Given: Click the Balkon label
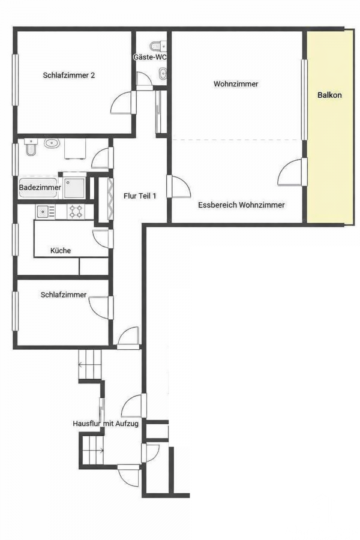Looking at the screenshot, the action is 329,95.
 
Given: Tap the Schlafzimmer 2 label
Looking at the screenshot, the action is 68,75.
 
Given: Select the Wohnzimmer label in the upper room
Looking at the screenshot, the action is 236,83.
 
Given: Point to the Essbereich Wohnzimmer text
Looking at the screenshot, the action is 241,205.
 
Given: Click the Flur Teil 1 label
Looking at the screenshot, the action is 140,196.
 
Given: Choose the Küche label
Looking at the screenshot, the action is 61,250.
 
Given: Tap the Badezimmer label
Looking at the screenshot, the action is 40,188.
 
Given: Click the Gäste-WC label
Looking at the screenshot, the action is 150,57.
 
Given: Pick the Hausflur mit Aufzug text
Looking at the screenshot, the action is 106,423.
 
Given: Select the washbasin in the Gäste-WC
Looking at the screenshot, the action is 162,73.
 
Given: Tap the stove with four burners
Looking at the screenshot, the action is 76,211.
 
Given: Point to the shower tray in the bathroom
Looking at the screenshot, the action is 74,188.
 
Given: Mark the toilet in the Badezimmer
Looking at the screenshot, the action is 31,148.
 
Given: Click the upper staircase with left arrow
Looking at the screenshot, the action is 90,364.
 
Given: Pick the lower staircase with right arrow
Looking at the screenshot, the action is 93,449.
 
